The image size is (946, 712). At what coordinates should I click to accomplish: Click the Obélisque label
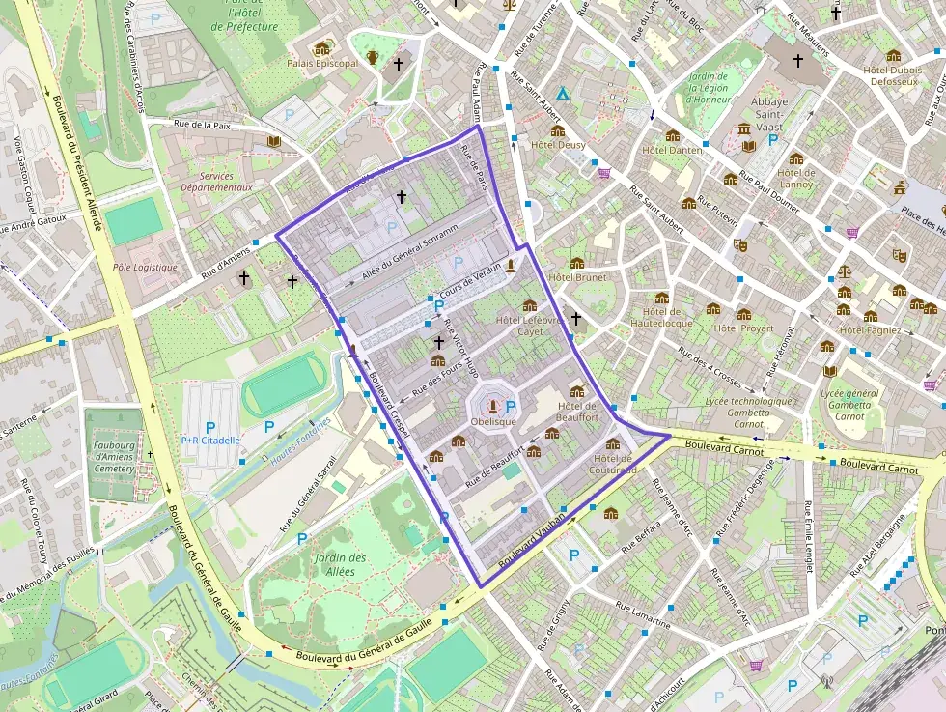click(x=493, y=422)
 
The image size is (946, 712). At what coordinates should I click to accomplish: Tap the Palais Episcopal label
click(x=321, y=63)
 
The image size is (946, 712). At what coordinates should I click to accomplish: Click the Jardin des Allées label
click(x=340, y=564)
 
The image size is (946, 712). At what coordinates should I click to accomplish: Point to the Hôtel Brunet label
click(x=577, y=277)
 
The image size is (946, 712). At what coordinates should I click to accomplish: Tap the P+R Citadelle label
click(x=209, y=441)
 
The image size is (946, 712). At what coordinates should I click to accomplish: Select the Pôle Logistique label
click(x=145, y=267)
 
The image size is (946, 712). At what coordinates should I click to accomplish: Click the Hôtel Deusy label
click(x=558, y=145)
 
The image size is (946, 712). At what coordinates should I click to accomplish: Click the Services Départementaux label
click(x=219, y=182)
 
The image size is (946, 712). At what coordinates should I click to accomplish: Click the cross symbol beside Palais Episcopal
click(x=398, y=65)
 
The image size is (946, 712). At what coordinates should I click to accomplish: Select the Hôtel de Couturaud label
click(x=615, y=464)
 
